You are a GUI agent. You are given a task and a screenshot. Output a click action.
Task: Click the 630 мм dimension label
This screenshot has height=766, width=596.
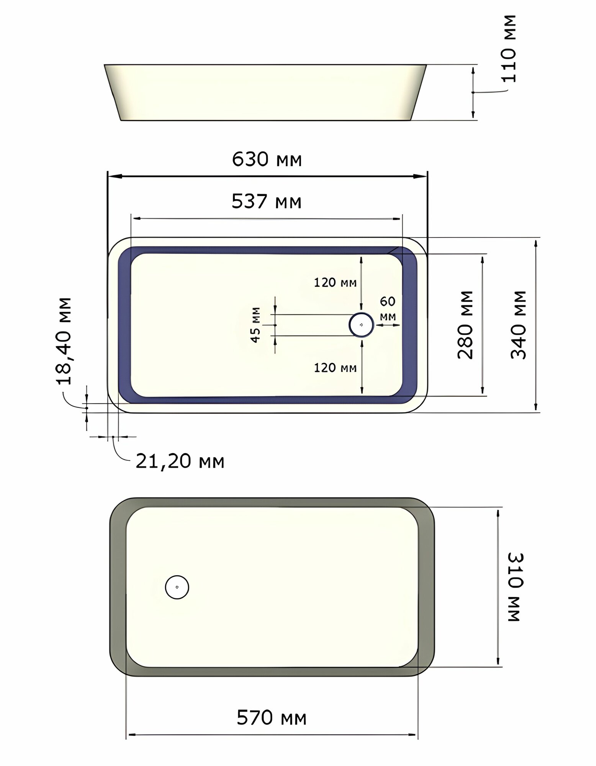[267, 159]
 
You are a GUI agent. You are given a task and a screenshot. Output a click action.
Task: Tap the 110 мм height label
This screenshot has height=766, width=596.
[509, 49]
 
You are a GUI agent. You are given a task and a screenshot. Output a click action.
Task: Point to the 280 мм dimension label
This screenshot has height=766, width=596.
[465, 324]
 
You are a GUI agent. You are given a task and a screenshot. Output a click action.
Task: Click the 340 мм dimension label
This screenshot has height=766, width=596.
[519, 324]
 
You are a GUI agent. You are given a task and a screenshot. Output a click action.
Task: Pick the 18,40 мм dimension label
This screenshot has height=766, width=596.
[64, 341]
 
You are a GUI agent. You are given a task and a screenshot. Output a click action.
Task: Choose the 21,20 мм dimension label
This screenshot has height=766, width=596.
[180, 461]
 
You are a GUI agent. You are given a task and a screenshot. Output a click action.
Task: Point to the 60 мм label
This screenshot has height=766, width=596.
[388, 308]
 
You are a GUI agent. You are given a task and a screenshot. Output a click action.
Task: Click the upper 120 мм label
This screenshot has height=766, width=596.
[335, 283]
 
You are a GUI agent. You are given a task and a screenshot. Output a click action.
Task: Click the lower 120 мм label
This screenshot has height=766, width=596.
[335, 368]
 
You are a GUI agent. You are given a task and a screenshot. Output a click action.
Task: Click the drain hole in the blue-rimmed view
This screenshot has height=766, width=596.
[361, 325]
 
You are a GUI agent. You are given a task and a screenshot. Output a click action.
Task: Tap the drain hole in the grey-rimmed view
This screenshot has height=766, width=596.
[177, 587]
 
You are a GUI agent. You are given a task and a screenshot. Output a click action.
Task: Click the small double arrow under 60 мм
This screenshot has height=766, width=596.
[388, 325]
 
